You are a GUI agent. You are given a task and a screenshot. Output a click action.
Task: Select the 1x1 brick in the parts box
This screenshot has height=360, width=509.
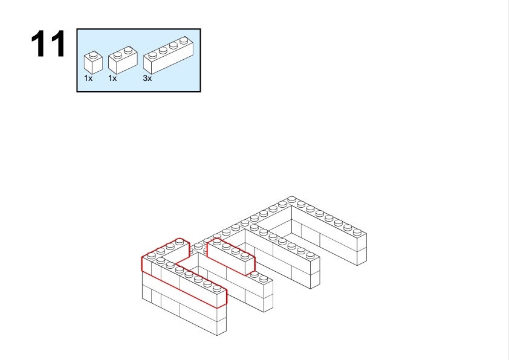click(x=93, y=63)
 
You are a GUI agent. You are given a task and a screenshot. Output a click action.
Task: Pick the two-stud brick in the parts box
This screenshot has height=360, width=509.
click(x=123, y=60)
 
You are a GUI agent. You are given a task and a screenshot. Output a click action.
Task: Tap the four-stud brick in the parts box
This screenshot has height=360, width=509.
click(x=168, y=56)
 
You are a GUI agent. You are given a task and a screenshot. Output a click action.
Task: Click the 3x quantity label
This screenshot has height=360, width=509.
click(x=148, y=79)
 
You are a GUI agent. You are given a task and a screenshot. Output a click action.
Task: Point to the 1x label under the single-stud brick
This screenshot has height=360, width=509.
click(x=88, y=79)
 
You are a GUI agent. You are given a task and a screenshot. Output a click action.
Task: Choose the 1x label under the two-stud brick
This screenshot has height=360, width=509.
click(x=112, y=79)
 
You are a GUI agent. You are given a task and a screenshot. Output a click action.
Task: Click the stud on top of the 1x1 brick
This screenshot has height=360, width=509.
click(x=94, y=54)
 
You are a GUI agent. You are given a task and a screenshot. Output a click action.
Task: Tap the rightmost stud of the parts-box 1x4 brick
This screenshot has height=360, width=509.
click(x=184, y=40)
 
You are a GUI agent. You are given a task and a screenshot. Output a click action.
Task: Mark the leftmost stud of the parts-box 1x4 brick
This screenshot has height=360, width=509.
click(x=152, y=55)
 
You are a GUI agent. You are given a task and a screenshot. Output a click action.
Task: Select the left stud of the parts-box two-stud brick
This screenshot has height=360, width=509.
click(x=118, y=54)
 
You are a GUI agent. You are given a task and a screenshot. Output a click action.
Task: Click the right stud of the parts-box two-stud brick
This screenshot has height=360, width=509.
click(x=128, y=50)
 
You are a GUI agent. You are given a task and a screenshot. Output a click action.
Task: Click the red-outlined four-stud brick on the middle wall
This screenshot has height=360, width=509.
click(x=231, y=256)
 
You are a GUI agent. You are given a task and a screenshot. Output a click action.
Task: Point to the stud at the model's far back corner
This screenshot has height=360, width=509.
click(x=291, y=199)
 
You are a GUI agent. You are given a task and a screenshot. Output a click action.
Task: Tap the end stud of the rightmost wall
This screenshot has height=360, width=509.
click(x=357, y=231)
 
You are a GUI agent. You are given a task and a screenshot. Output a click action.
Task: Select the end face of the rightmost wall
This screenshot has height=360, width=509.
click(x=362, y=249)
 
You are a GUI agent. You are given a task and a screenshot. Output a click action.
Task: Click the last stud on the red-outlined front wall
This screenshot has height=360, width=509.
click(x=217, y=288)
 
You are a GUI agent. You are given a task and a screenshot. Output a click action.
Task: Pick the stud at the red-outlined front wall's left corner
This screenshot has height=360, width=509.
click(x=151, y=256)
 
